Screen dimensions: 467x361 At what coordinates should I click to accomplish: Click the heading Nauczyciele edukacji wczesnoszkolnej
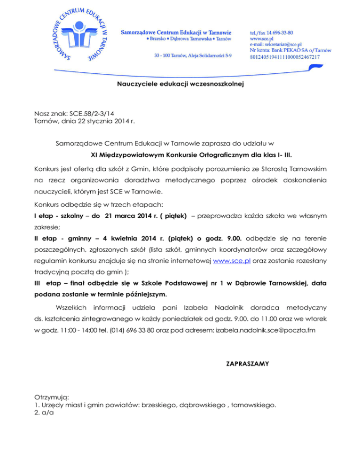(180, 85)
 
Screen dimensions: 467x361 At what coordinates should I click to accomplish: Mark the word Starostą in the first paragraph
(259, 168)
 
